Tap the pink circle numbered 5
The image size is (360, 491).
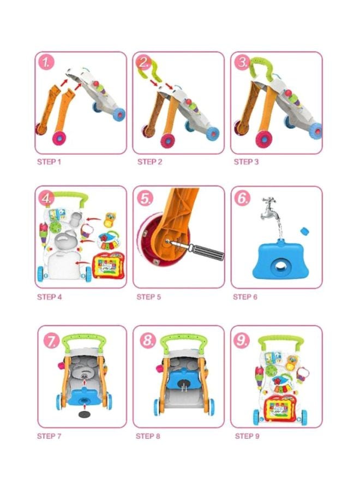pyautogui.click(x=145, y=199)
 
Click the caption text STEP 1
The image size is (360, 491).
pyautogui.click(x=49, y=162)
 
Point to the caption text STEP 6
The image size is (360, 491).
pyautogui.click(x=245, y=297)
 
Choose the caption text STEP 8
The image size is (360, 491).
pyautogui.click(x=148, y=436)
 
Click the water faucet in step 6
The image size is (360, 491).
pyautogui.click(x=269, y=208)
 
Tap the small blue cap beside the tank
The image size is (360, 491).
pyautogui.click(x=305, y=231)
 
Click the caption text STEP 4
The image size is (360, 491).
pyautogui.click(x=49, y=297)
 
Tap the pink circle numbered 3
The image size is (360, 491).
pyautogui.click(x=242, y=63)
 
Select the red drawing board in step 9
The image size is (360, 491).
pyautogui.click(x=278, y=406)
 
